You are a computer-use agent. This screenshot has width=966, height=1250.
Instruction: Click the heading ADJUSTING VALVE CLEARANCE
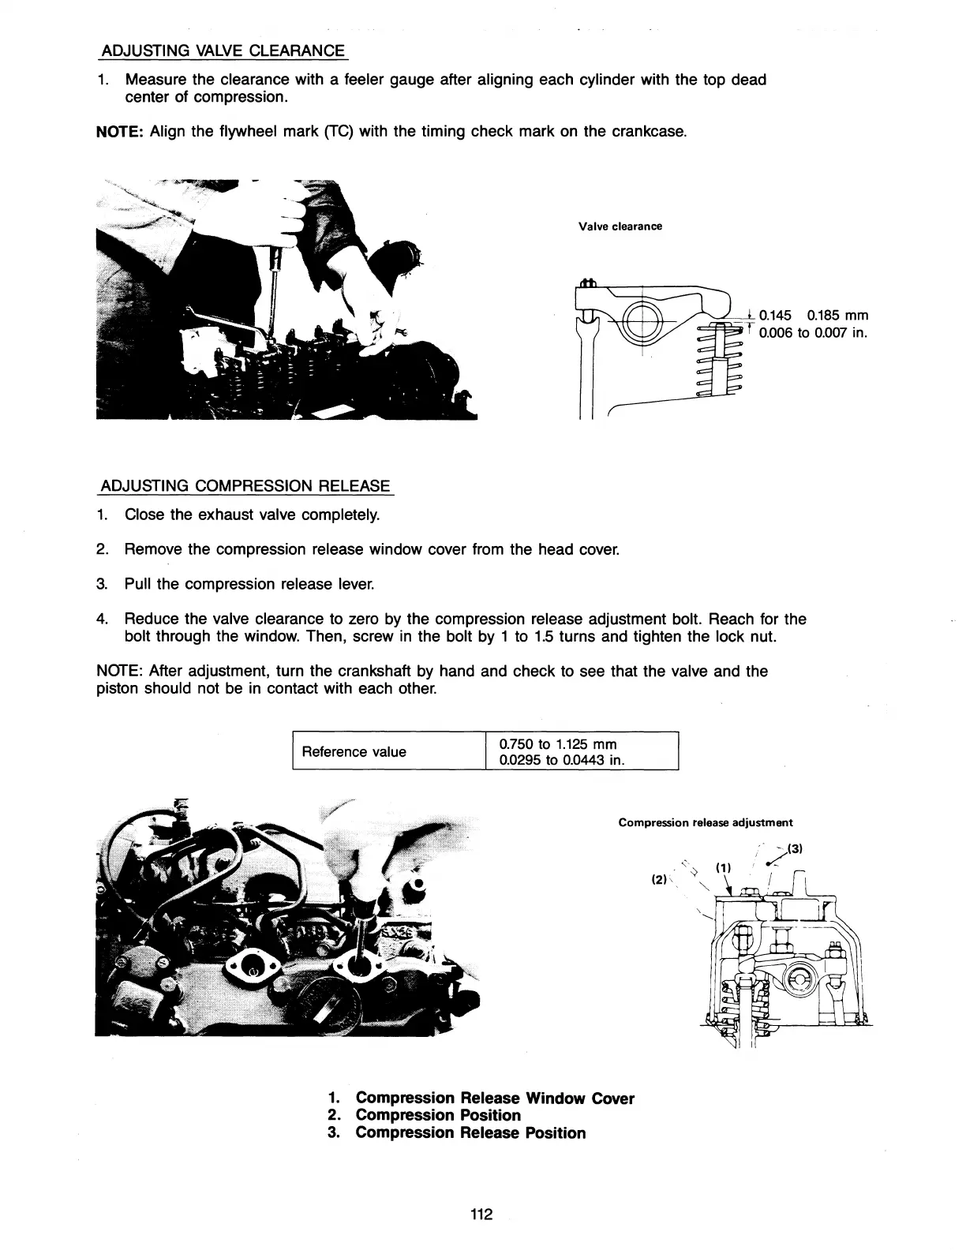pos(222,51)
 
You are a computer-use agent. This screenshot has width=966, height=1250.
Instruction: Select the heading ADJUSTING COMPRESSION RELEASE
pos(245,485)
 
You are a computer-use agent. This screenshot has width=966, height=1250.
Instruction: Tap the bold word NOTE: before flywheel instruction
pos(118,132)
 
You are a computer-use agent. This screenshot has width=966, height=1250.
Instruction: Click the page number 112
pos(481,1214)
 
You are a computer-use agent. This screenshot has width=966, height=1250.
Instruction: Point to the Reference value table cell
pos(354,751)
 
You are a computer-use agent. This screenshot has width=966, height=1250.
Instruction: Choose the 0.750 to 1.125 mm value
pos(558,743)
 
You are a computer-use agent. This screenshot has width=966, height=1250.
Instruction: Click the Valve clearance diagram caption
pos(620,226)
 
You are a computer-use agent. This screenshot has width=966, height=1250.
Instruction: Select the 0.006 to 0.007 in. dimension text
pos(813,333)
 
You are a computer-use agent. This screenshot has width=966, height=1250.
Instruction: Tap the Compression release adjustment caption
pos(706,822)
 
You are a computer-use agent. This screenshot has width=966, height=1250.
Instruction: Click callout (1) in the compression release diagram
pos(722,867)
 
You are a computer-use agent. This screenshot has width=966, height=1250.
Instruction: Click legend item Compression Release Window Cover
pos(495,1098)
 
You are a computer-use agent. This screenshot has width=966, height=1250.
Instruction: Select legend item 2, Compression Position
pos(438,1115)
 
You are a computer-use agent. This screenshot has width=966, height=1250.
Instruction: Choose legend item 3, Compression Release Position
pos(470,1133)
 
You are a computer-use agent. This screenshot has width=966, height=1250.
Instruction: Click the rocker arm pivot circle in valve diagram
pos(642,322)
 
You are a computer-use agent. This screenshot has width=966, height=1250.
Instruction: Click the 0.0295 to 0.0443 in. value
pos(562,761)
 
